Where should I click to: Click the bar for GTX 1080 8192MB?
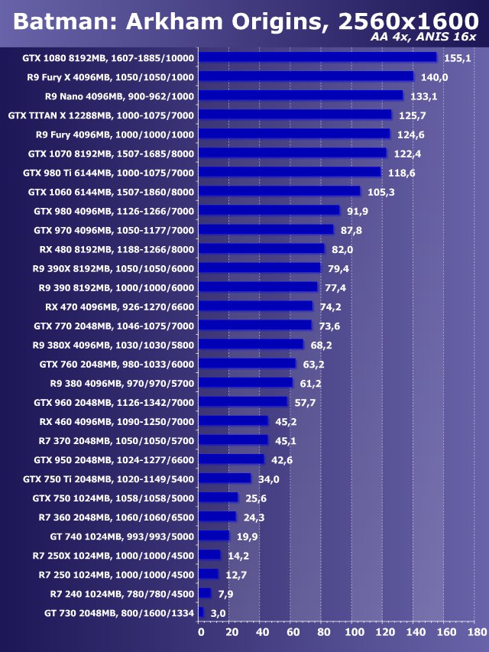pyautogui.click(x=317, y=57)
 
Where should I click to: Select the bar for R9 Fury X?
pyautogui.click(x=306, y=76)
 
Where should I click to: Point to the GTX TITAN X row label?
pyautogui.click(x=101, y=115)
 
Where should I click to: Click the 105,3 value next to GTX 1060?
pyautogui.click(x=379, y=192)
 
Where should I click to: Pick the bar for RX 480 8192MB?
pyautogui.click(x=261, y=249)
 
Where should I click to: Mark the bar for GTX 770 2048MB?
pyautogui.click(x=255, y=326)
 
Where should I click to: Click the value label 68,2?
pyautogui.click(x=322, y=345)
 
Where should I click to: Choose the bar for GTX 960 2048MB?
pyautogui.click(x=243, y=402)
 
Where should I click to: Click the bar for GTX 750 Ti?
pyautogui.click(x=225, y=478)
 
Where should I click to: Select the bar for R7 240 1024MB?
pyautogui.click(x=205, y=593)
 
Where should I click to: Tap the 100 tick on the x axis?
pyautogui.click(x=354, y=632)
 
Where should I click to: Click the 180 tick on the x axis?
pyautogui.click(x=476, y=632)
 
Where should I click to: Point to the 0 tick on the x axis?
pyautogui.click(x=201, y=632)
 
